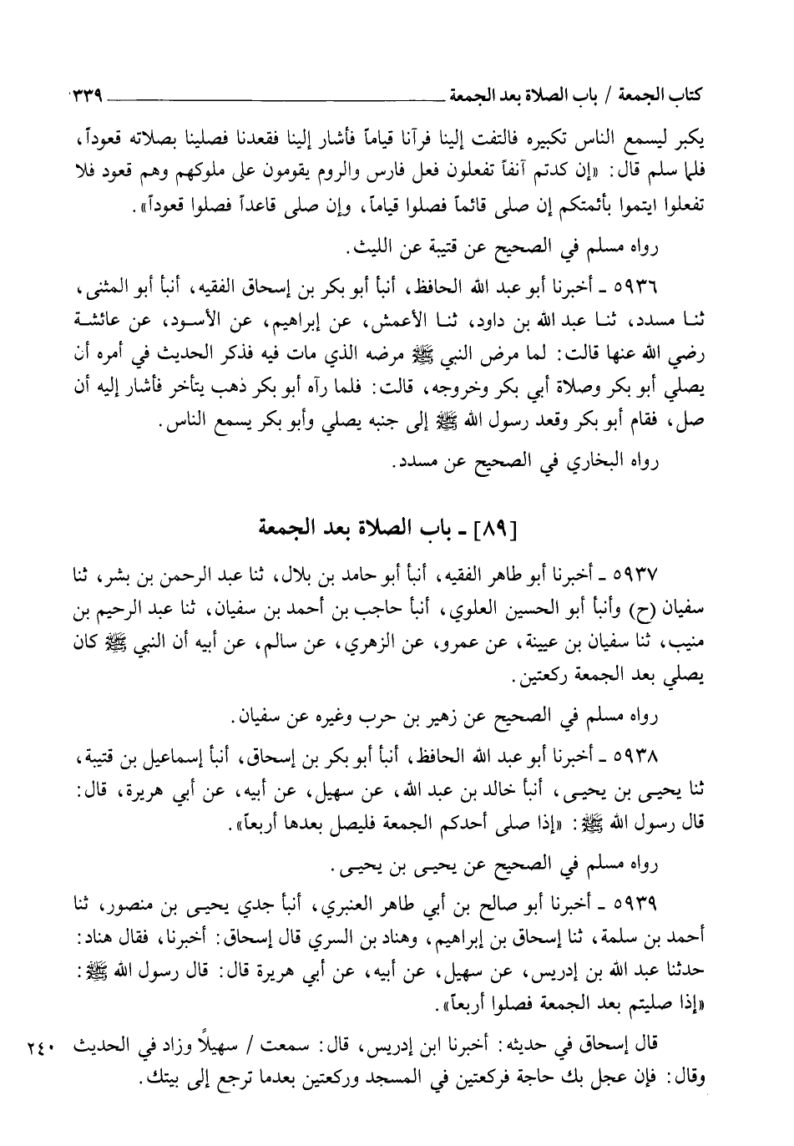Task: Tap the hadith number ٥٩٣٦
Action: click(640, 289)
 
